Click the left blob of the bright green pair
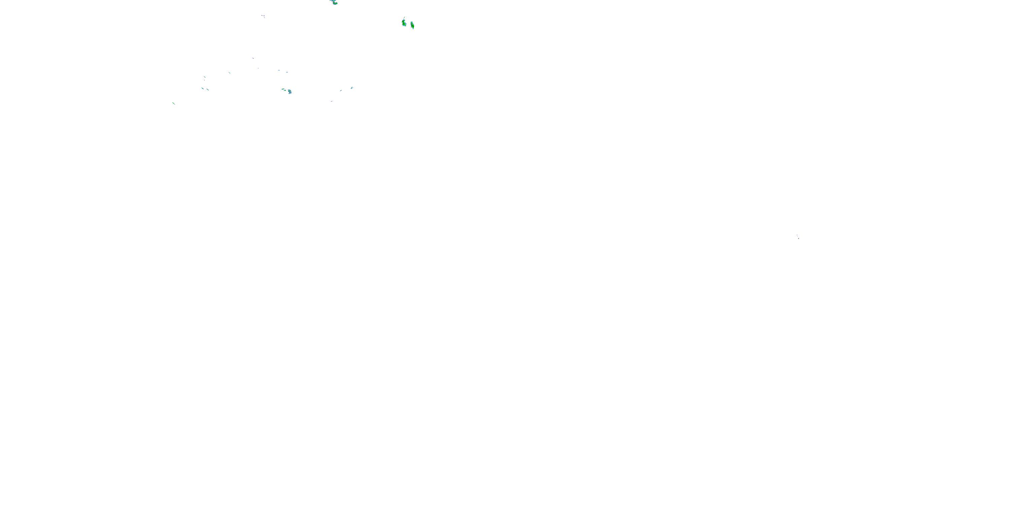(x=404, y=24)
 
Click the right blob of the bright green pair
(x=412, y=26)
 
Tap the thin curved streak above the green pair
(x=404, y=18)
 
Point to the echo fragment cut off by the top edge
(x=331, y=1)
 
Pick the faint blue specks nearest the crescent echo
(x=263, y=16)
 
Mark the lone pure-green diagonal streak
(x=229, y=72)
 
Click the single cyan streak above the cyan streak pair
(x=204, y=77)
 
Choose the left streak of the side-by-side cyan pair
(x=202, y=88)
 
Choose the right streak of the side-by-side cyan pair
(x=207, y=90)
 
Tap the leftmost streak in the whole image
(x=173, y=103)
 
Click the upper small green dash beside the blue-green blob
(x=283, y=89)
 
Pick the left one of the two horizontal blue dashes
(x=279, y=70)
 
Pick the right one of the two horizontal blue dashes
(x=287, y=72)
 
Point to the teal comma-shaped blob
(x=352, y=88)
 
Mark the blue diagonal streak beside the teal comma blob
(x=341, y=91)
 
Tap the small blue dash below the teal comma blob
(x=331, y=101)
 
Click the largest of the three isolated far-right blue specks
(x=798, y=238)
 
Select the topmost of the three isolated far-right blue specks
(x=797, y=235)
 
